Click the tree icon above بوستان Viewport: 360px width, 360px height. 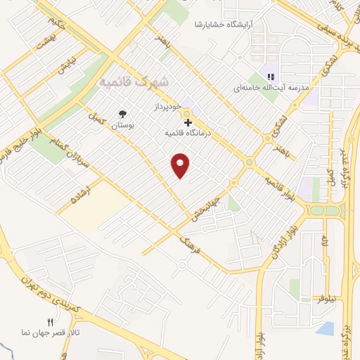124,114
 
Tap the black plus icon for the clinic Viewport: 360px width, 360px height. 187,122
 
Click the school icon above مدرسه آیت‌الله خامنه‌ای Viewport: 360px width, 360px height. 271,77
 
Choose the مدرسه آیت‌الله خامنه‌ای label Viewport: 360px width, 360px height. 271,89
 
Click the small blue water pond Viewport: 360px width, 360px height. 326,327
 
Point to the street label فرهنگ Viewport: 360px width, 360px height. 195,245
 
